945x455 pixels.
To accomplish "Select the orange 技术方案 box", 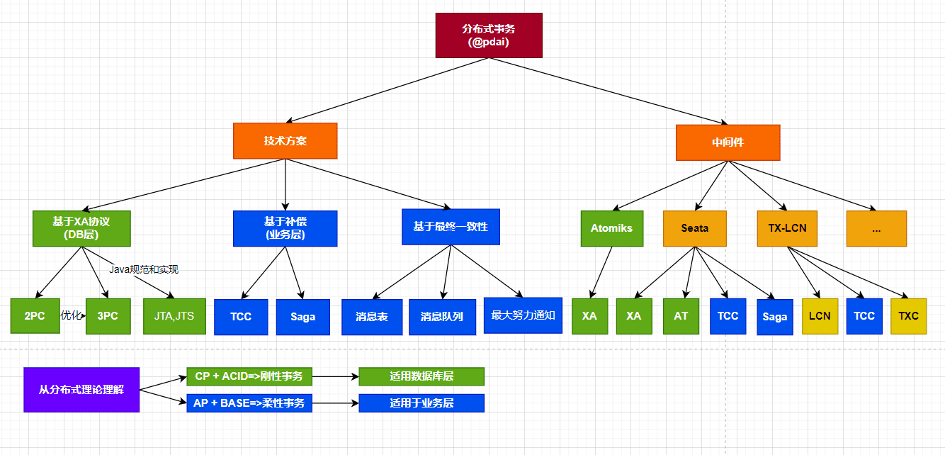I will [x=285, y=141].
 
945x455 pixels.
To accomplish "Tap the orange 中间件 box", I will [x=728, y=142].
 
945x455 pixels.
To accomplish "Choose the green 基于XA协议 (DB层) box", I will [x=81, y=228].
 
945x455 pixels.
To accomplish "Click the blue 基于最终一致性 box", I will [x=451, y=227].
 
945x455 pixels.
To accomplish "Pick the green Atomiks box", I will [x=611, y=228].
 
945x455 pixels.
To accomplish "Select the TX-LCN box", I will [x=787, y=228].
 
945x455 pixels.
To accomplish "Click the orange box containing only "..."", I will [x=876, y=228].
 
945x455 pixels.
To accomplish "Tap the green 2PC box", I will [x=35, y=316].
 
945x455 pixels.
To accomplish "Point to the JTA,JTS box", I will [x=174, y=316].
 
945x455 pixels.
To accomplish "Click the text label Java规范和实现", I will [x=144, y=269].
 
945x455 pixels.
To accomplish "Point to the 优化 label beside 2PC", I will [x=71, y=315].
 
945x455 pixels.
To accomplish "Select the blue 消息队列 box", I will [x=441, y=316].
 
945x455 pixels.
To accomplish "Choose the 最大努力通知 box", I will [x=523, y=315].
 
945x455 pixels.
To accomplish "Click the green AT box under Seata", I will [x=681, y=316].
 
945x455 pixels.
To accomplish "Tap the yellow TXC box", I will [x=908, y=316].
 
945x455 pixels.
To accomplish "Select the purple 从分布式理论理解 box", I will [x=81, y=389].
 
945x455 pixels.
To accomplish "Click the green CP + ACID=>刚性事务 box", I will [x=249, y=376].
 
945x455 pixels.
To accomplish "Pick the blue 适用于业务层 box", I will [x=421, y=403].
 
